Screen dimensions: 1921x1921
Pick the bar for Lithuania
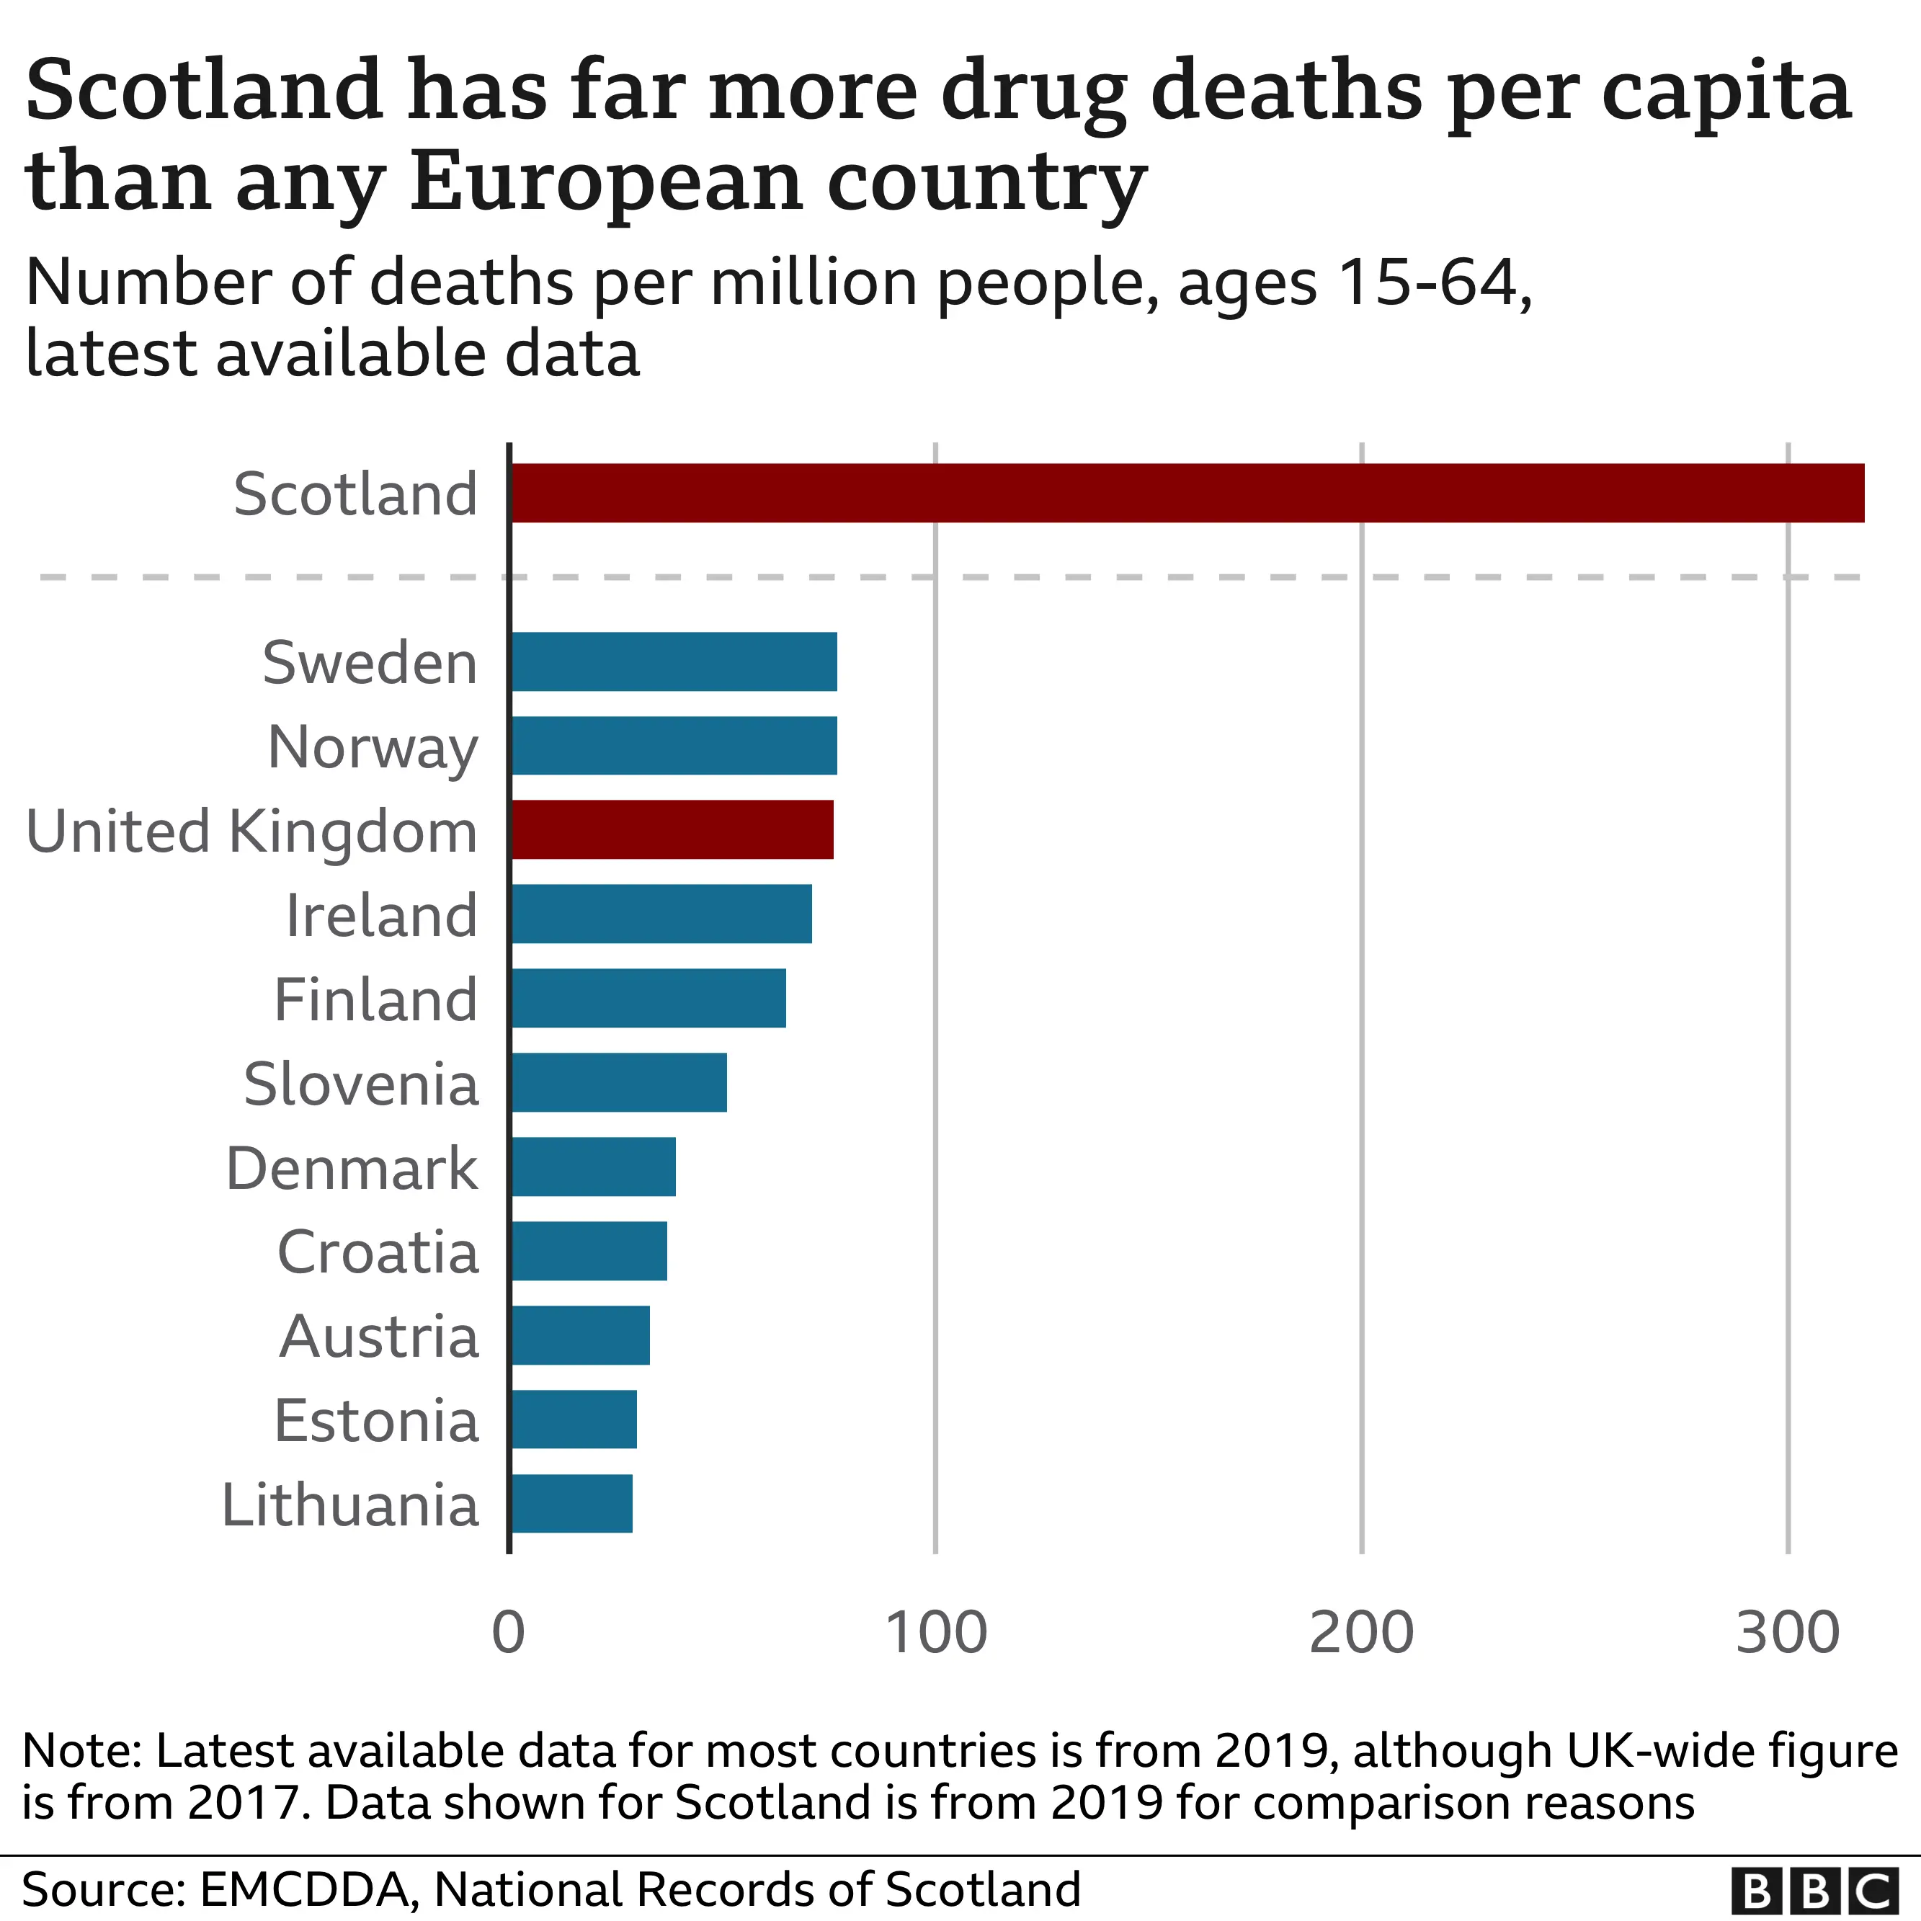click(x=571, y=1503)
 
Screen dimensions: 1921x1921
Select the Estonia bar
click(x=574, y=1419)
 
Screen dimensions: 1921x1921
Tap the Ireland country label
click(x=381, y=915)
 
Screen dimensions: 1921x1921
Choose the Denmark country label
click(x=352, y=1167)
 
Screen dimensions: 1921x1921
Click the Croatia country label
click(x=378, y=1251)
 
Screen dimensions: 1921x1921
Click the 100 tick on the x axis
click(x=936, y=1633)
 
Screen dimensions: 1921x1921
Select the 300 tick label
click(x=1788, y=1633)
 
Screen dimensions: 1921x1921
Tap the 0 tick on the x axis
click(x=508, y=1633)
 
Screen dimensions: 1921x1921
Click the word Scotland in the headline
click(x=204, y=89)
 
